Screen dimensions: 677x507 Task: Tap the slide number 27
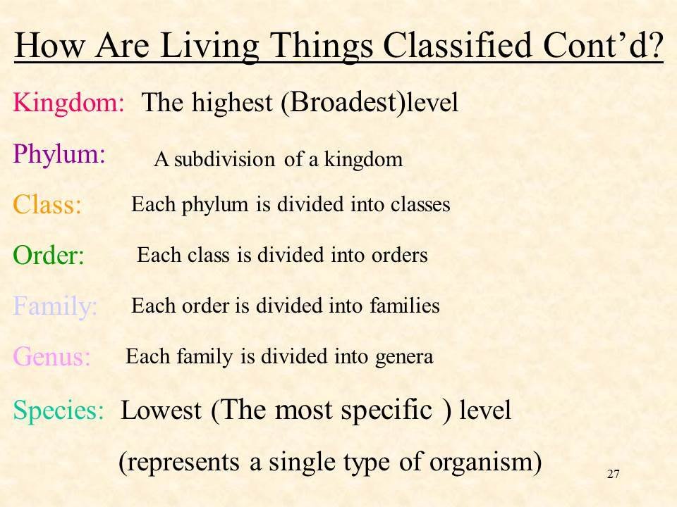click(x=613, y=474)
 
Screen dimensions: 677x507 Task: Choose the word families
click(x=405, y=306)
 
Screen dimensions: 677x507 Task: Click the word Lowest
click(x=161, y=410)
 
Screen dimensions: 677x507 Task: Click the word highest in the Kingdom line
click(x=232, y=104)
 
